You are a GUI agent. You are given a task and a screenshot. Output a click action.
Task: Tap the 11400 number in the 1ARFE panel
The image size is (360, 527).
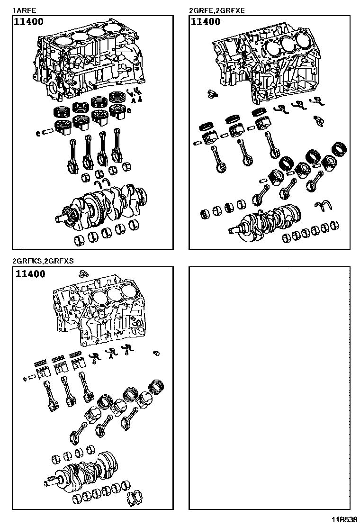[30, 22]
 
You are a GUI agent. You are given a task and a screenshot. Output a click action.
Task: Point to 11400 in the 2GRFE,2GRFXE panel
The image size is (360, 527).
[205, 22]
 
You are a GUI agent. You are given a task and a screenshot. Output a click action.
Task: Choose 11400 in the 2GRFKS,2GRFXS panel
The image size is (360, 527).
[30, 274]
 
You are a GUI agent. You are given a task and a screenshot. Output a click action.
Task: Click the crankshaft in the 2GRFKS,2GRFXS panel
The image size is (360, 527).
[85, 469]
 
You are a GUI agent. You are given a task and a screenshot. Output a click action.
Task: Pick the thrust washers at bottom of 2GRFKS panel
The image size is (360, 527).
[137, 497]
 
